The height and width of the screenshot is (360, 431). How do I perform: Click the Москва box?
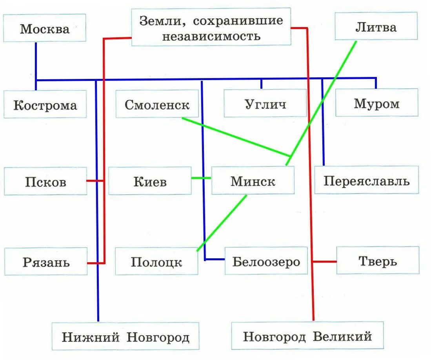tap(45, 28)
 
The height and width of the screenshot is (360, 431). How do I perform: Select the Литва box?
tap(376, 26)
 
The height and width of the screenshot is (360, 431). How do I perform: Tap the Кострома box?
tap(45, 104)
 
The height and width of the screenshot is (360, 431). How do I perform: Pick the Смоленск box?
tap(157, 104)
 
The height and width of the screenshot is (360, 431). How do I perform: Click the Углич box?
tap(265, 103)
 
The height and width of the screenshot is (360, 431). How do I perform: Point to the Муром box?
tap(376, 103)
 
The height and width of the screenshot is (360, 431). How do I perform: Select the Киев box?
tap(150, 181)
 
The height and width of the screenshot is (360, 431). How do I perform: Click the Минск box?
tap(253, 181)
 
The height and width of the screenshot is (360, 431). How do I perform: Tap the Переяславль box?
tap(366, 180)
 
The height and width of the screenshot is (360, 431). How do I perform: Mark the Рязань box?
tap(46, 261)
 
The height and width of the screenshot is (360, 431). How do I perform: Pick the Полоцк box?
tap(156, 261)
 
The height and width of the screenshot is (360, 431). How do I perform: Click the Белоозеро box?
tap(266, 261)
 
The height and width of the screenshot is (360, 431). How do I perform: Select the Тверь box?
tap(377, 260)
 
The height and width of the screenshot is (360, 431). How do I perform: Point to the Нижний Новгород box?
tap(125, 336)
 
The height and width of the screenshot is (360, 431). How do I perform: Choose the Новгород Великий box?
tap(307, 336)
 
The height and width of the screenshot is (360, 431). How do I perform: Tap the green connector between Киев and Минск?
tap(201, 178)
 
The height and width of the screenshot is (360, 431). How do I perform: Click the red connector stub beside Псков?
tap(95, 181)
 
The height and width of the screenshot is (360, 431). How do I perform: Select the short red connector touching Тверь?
tap(325, 261)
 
